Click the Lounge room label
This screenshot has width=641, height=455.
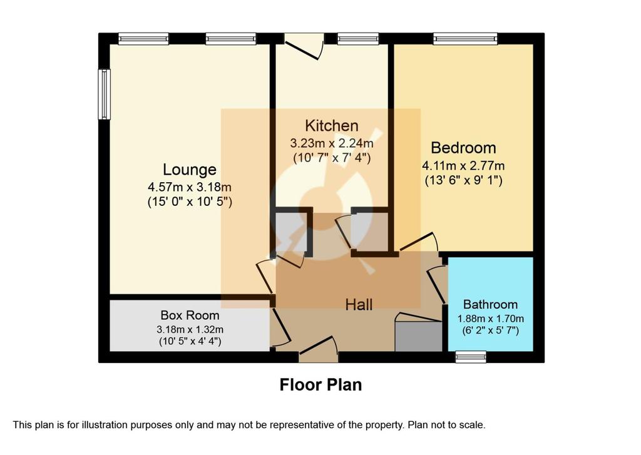tap(189, 170)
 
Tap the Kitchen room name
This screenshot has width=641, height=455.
tap(332, 126)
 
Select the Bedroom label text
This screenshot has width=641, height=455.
tap(463, 148)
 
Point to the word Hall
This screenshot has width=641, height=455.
tap(359, 305)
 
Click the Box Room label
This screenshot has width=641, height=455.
tap(190, 315)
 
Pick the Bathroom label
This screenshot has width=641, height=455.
tap(490, 305)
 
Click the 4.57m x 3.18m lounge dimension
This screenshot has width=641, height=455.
tap(189, 187)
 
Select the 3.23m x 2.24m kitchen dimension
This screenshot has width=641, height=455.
tap(332, 143)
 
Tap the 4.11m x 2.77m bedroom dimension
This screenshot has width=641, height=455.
tap(463, 166)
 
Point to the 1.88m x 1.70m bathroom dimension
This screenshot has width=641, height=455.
tap(490, 319)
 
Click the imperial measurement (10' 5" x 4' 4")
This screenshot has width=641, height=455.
tap(190, 341)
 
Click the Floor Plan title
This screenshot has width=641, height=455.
tap(320, 385)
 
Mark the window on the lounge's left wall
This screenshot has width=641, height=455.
tap(105, 95)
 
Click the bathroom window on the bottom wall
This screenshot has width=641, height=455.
tap(471, 357)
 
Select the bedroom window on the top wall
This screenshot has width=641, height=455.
tap(466, 38)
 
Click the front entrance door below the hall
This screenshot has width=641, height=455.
tap(319, 350)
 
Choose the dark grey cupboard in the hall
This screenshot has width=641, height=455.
tap(418, 336)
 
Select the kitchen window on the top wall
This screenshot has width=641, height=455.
tap(359, 38)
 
